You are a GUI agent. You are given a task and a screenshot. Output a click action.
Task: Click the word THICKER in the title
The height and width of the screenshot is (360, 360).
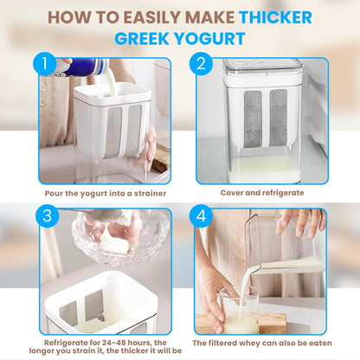click(275, 17)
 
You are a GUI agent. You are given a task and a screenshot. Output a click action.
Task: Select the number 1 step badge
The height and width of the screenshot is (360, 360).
click(44, 64)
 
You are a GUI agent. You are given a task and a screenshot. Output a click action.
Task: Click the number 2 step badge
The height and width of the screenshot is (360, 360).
click(201, 64)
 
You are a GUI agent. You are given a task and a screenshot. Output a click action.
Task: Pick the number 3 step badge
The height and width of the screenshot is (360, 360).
click(47, 215)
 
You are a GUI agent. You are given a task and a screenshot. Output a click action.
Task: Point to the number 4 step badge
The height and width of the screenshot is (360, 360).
click(201, 215)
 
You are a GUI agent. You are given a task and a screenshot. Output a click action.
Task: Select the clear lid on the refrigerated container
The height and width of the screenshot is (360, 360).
click(262, 69)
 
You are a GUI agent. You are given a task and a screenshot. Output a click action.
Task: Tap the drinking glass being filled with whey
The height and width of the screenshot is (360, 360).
click(240, 310)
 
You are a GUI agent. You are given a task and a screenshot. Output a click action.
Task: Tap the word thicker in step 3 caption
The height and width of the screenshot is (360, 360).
click(134, 350)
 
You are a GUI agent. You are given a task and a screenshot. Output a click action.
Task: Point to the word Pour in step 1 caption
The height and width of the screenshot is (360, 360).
click(54, 193)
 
